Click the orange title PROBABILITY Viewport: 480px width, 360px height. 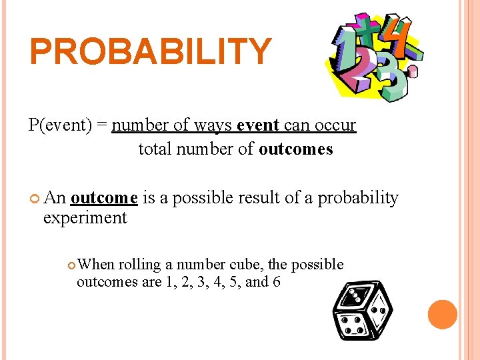click(x=151, y=52)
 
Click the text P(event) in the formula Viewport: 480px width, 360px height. click(x=60, y=125)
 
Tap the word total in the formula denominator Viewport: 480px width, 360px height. click(x=155, y=149)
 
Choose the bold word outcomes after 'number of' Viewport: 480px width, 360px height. click(x=295, y=149)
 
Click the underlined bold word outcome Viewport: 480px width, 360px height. click(x=104, y=198)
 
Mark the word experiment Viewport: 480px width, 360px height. click(x=85, y=218)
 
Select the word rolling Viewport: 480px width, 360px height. click(x=143, y=265)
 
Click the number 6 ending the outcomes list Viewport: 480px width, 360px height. click(x=276, y=281)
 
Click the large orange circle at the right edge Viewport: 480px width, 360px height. click(x=442, y=315)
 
